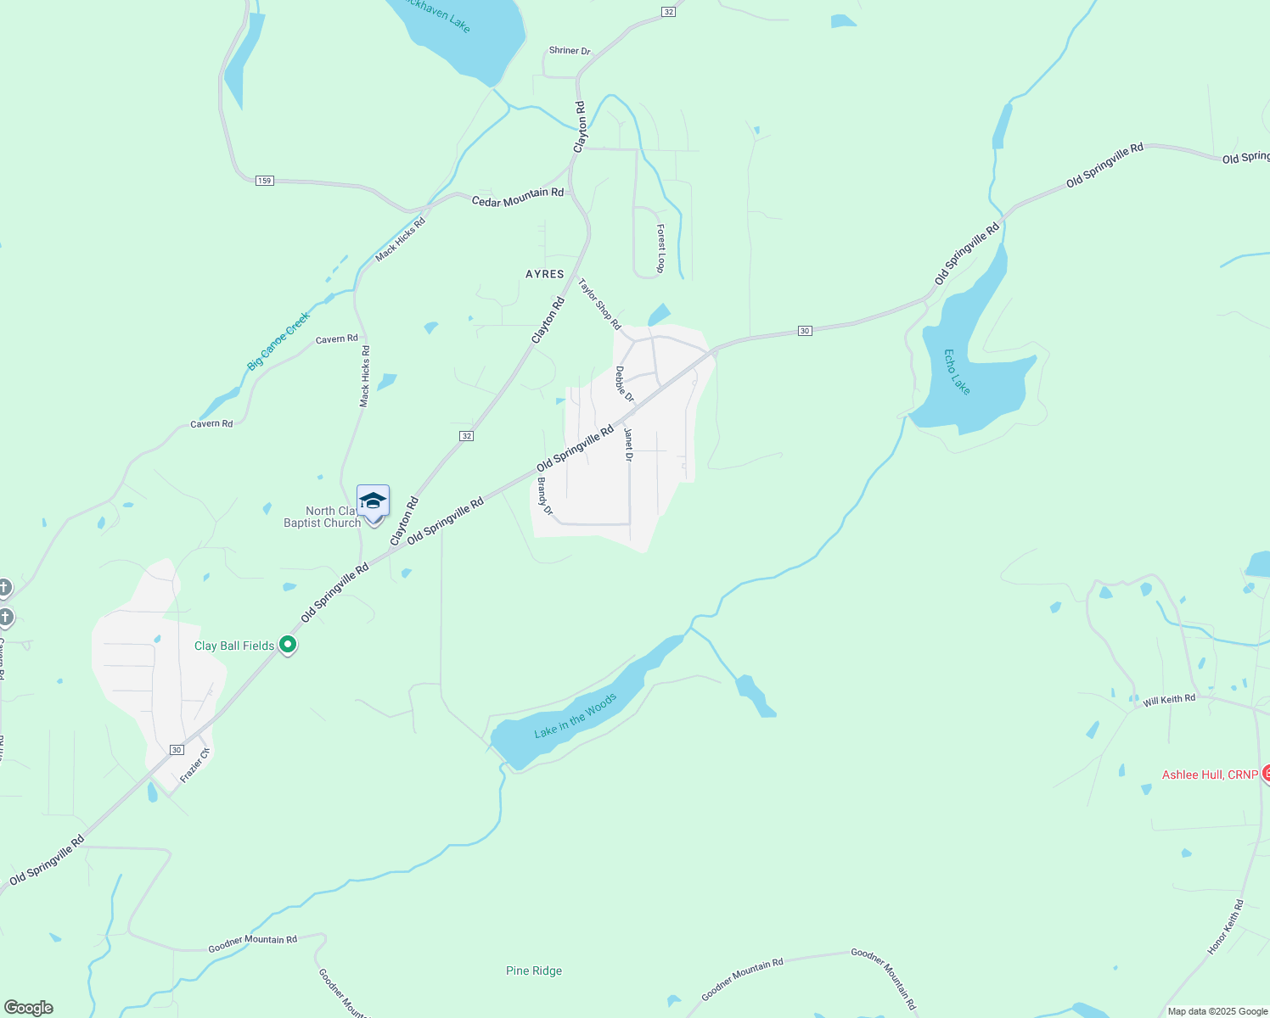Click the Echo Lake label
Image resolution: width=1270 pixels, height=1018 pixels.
(x=957, y=372)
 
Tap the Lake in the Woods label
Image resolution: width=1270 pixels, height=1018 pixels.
(x=576, y=716)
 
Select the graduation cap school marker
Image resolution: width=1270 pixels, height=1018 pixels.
(x=373, y=501)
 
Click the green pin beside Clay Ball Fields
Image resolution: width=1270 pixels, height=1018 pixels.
(x=288, y=645)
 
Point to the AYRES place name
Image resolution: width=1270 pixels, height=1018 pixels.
(x=545, y=274)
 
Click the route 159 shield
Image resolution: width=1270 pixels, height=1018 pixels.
(x=265, y=181)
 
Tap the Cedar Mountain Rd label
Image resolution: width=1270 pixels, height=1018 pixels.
(x=518, y=197)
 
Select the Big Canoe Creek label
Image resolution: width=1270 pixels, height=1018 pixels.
(x=278, y=341)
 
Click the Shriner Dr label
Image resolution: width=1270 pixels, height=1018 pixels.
(x=570, y=51)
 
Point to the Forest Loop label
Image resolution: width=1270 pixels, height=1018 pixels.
(x=660, y=249)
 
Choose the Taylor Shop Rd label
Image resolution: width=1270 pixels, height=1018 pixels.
(x=599, y=304)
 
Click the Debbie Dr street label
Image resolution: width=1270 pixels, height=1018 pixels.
(x=624, y=384)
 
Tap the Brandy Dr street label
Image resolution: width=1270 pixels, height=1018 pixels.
(x=544, y=496)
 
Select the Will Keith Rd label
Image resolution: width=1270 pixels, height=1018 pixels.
(x=1169, y=700)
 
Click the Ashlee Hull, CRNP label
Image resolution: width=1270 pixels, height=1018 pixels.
(x=1210, y=775)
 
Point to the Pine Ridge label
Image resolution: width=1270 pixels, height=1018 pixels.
(x=534, y=970)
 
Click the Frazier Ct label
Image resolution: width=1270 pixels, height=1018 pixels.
(x=194, y=765)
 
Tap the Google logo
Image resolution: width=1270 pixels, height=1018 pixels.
(x=29, y=1008)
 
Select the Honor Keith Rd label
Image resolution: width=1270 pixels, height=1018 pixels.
(x=1225, y=927)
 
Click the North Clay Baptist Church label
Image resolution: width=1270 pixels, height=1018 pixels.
(x=323, y=517)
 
